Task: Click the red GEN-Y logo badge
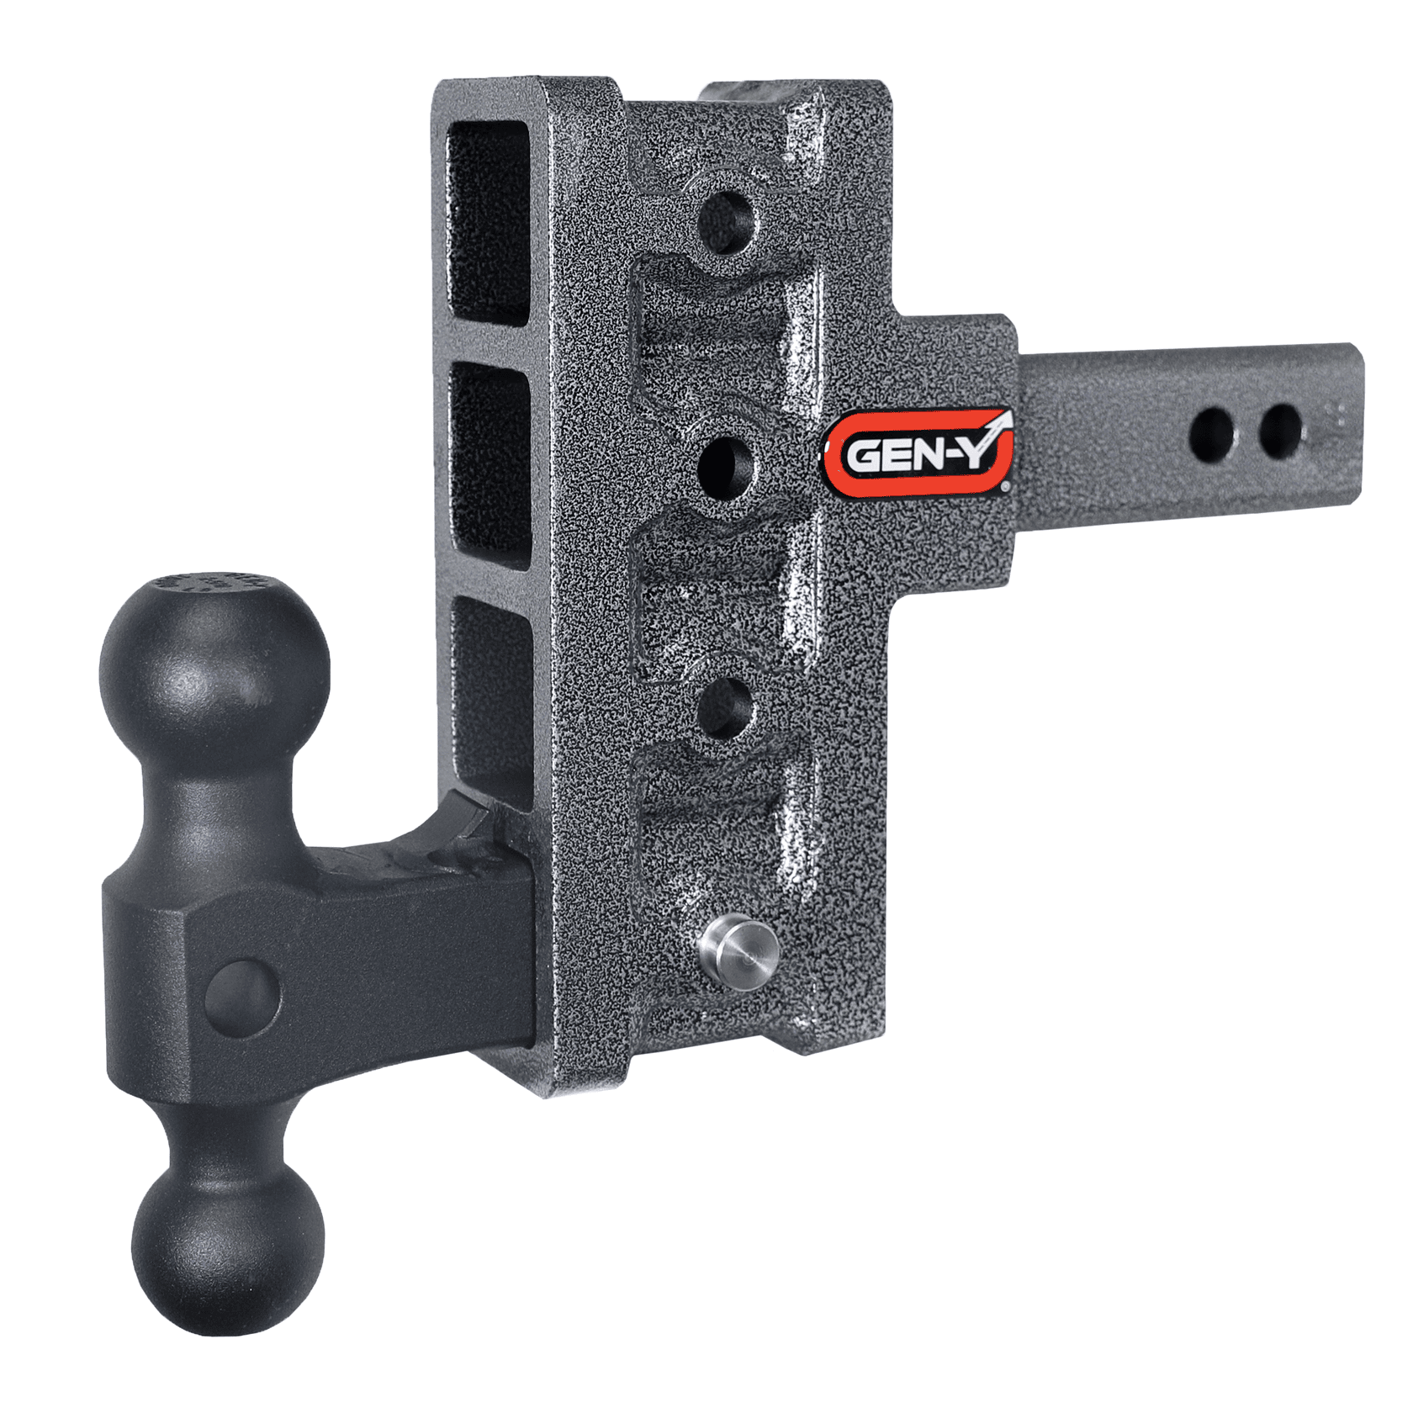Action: click(x=918, y=452)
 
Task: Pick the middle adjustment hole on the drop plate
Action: click(x=726, y=465)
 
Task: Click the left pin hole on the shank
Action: click(x=1211, y=431)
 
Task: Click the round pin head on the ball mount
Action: click(x=242, y=996)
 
